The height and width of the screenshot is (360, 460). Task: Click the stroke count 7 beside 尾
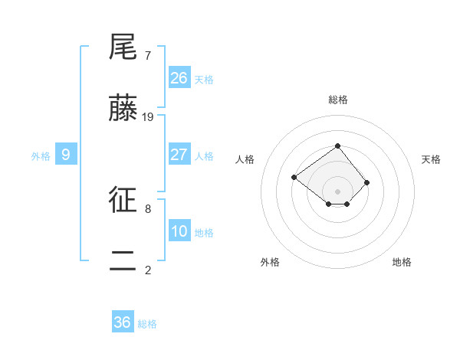(147, 56)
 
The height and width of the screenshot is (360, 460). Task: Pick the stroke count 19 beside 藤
(149, 117)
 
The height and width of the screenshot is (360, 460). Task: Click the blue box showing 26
(179, 77)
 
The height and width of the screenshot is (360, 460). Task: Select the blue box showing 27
(179, 155)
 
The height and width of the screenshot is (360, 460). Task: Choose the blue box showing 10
(179, 231)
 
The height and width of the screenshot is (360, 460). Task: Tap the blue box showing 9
(66, 155)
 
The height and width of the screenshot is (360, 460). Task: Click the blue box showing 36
(123, 322)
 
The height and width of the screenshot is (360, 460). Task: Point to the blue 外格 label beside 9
(41, 156)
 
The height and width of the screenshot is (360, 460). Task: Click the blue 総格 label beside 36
(147, 324)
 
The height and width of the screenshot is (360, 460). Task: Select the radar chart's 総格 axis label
(338, 100)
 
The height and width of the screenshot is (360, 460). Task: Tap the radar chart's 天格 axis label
(431, 159)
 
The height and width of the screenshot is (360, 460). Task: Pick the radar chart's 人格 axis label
(245, 159)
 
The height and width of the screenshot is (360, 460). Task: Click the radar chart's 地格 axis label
(402, 262)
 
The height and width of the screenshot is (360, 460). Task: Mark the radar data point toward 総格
(337, 146)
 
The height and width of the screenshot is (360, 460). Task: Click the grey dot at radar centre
(337, 191)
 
